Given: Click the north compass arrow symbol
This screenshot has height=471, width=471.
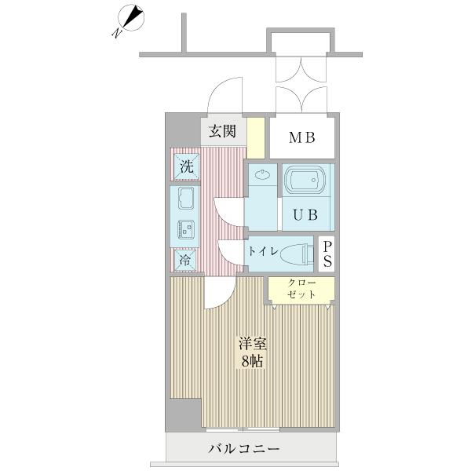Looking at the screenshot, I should (x=129, y=20).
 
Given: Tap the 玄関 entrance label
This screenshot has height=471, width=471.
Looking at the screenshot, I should (x=222, y=131).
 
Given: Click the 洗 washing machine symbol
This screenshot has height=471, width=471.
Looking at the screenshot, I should (x=186, y=166).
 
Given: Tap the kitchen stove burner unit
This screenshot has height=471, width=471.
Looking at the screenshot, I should (x=186, y=229).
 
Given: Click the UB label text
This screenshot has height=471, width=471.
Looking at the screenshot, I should (x=306, y=214).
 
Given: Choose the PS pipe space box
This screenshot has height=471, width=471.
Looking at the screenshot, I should (x=327, y=254).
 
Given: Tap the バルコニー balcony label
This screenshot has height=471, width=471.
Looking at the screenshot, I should (x=244, y=450).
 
